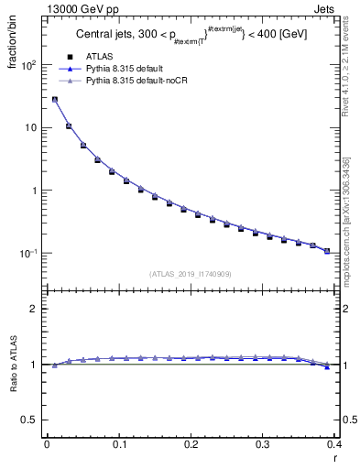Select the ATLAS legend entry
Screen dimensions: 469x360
pos(98,56)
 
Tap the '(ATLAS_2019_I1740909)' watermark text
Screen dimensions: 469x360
pos(190,273)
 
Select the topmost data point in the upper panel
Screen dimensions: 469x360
pos(55,99)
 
